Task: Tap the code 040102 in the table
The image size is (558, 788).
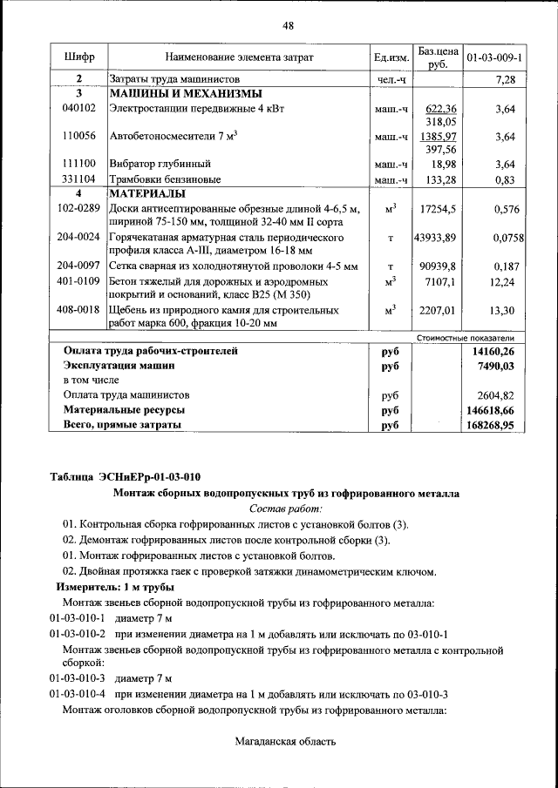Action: pyautogui.click(x=78, y=109)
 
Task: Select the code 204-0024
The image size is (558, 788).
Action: pyautogui.click(x=78, y=237)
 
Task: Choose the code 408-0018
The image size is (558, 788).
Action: pyautogui.click(x=78, y=309)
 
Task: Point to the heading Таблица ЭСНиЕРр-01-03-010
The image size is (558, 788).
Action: pyautogui.click(x=126, y=476)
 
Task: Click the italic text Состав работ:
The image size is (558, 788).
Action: pyautogui.click(x=286, y=508)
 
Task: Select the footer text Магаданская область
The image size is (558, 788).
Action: pyautogui.click(x=285, y=741)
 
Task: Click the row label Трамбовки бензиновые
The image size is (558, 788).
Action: pyautogui.click(x=165, y=178)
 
